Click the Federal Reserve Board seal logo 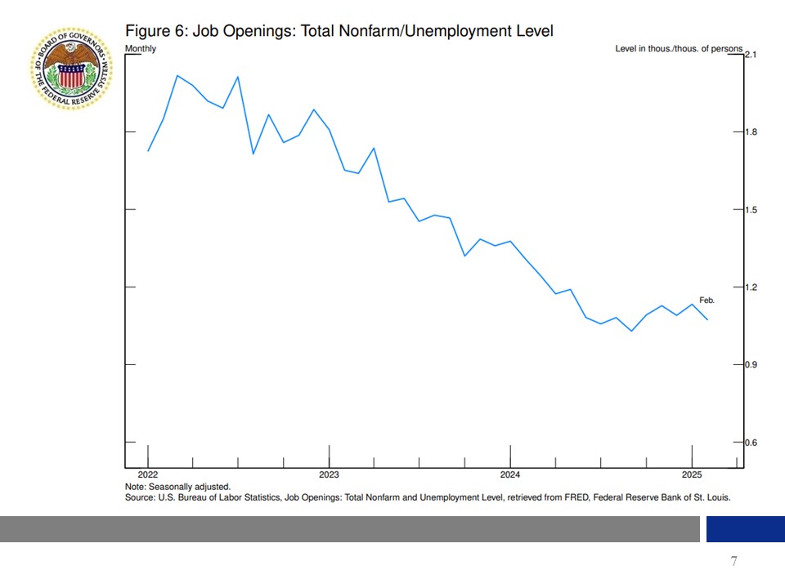click(x=70, y=68)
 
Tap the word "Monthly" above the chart click(x=140, y=49)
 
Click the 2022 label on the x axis click(x=148, y=474)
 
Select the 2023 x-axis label click(x=329, y=474)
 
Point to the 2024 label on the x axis click(x=510, y=474)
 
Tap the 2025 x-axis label click(x=692, y=474)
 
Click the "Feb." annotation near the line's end click(x=706, y=301)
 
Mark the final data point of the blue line click(x=707, y=319)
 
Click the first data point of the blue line click(x=148, y=151)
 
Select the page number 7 click(x=733, y=561)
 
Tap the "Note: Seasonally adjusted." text click(x=177, y=487)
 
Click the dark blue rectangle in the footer click(x=745, y=529)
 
